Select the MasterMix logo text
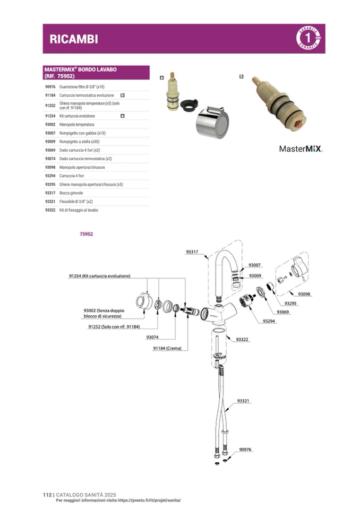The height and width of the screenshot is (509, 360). coord(301,149)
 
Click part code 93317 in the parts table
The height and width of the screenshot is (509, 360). coord(50,193)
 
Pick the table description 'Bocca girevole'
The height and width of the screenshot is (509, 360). coord(72,193)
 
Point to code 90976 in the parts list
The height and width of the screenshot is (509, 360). coord(50,86)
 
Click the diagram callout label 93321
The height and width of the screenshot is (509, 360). coord(243,401)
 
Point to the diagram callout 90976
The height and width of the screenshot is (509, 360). coord(245,450)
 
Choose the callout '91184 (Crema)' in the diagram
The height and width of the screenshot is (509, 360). coord(167,348)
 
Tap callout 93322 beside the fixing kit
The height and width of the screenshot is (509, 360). coord(242,339)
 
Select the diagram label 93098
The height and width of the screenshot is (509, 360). coord(304,294)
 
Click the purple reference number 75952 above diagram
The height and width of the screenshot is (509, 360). coord(86,234)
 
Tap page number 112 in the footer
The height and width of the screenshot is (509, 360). coord(47,495)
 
